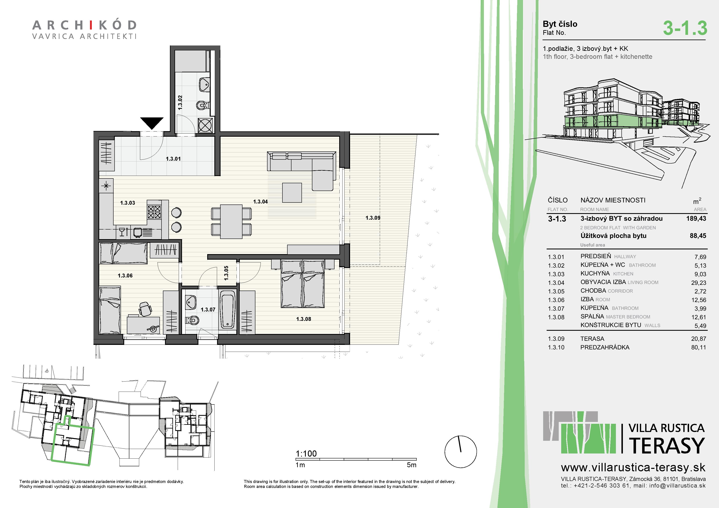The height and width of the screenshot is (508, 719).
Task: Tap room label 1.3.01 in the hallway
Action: pyautogui.click(x=173, y=159)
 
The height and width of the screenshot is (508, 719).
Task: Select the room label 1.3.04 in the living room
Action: pyautogui.click(x=261, y=202)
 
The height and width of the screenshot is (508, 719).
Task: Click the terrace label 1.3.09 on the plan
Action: pyautogui.click(x=373, y=218)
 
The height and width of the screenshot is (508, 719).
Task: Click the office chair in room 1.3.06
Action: pyautogui.click(x=145, y=309)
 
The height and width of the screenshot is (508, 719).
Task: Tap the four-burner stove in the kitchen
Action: pyautogui.click(x=154, y=212)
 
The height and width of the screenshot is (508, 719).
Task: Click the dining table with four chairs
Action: pyautogui.click(x=231, y=222)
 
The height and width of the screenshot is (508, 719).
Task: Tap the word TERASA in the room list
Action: pyautogui.click(x=592, y=339)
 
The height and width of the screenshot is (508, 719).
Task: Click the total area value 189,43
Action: pyautogui.click(x=696, y=218)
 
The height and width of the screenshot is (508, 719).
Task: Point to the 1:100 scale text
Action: pyautogui.click(x=306, y=453)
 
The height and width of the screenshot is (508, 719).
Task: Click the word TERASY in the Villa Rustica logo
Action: pyautogui.click(x=667, y=445)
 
